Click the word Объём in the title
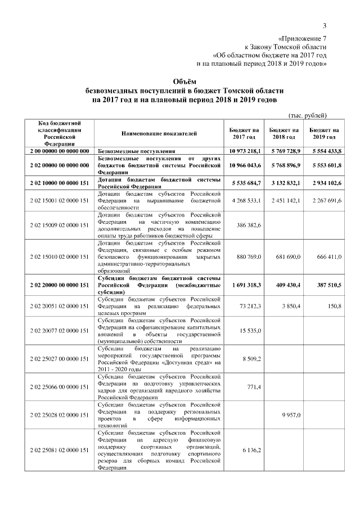[179, 82]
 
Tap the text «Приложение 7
[302, 38]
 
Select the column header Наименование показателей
[159, 133]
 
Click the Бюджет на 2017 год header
[244, 133]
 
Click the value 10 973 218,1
[245, 151]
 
